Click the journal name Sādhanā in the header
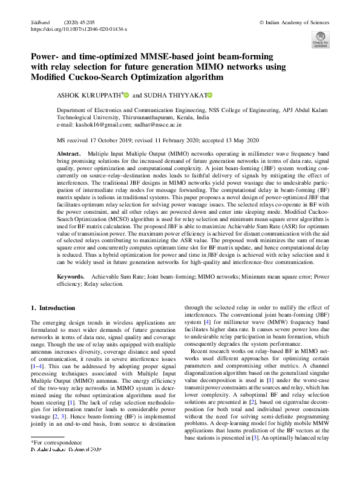39,21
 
